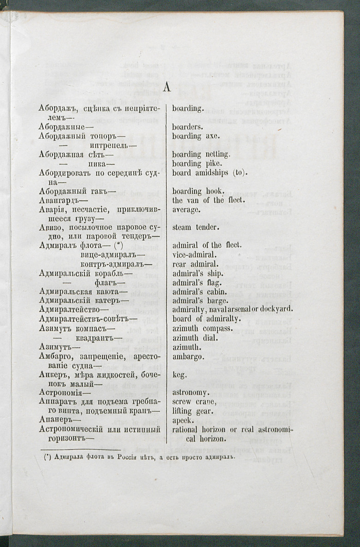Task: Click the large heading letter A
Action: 167,88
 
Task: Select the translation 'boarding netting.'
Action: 201,154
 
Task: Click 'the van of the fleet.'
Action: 205,200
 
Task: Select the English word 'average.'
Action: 186,210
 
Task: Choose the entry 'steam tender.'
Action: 195,227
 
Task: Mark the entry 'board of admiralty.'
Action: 206,319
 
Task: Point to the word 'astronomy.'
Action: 191,393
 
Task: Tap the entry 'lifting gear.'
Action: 193,412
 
